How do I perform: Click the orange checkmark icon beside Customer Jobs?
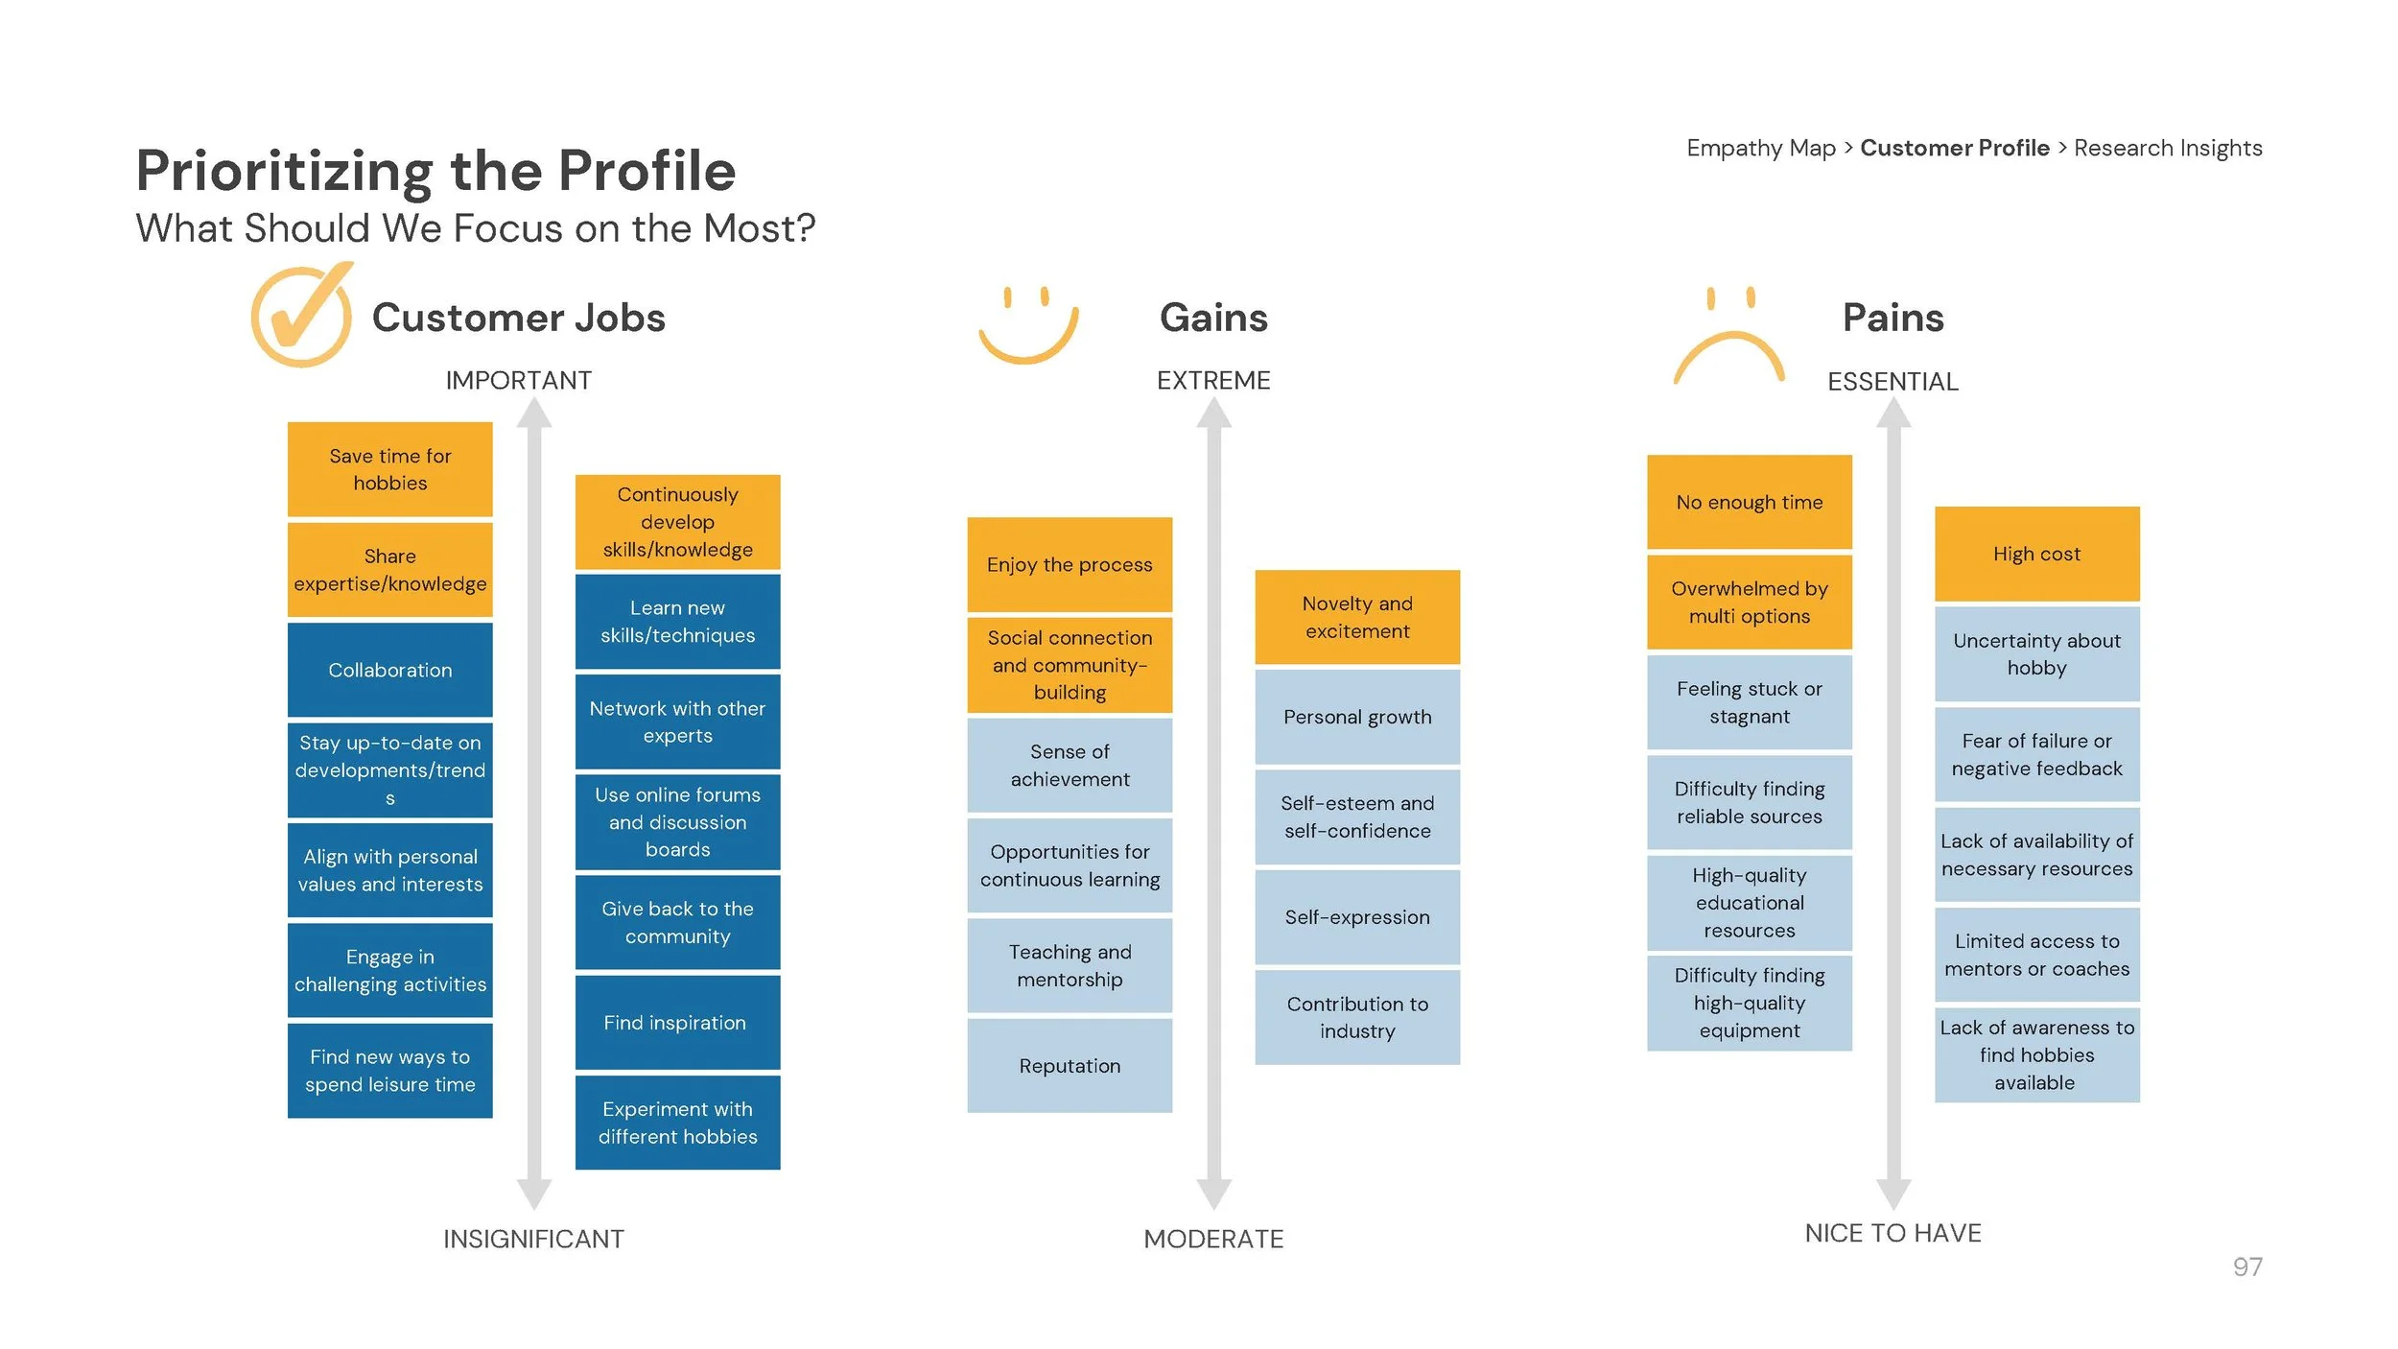tap(301, 317)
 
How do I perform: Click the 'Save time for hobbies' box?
tap(389, 469)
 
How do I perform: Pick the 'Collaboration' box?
tap(389, 670)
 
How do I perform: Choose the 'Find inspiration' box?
tap(677, 1023)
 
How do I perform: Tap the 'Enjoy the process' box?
tap(1070, 564)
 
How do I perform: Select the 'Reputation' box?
tap(1070, 1065)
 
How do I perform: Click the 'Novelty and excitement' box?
tap(1357, 617)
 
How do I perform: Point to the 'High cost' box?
tap(2036, 554)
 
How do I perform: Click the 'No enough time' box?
tap(1749, 502)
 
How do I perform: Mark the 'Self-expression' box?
tap(1357, 917)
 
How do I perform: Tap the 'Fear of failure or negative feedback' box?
tap(2036, 754)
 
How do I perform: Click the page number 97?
tap(2246, 1266)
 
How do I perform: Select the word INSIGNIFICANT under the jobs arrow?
tap(533, 1239)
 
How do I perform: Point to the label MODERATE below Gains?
tap(1213, 1239)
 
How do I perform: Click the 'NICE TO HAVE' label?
tap(1893, 1233)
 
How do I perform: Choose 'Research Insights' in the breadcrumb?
tap(2168, 148)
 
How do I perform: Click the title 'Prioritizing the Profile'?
tap(435, 171)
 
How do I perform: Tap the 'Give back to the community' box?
tap(677, 922)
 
